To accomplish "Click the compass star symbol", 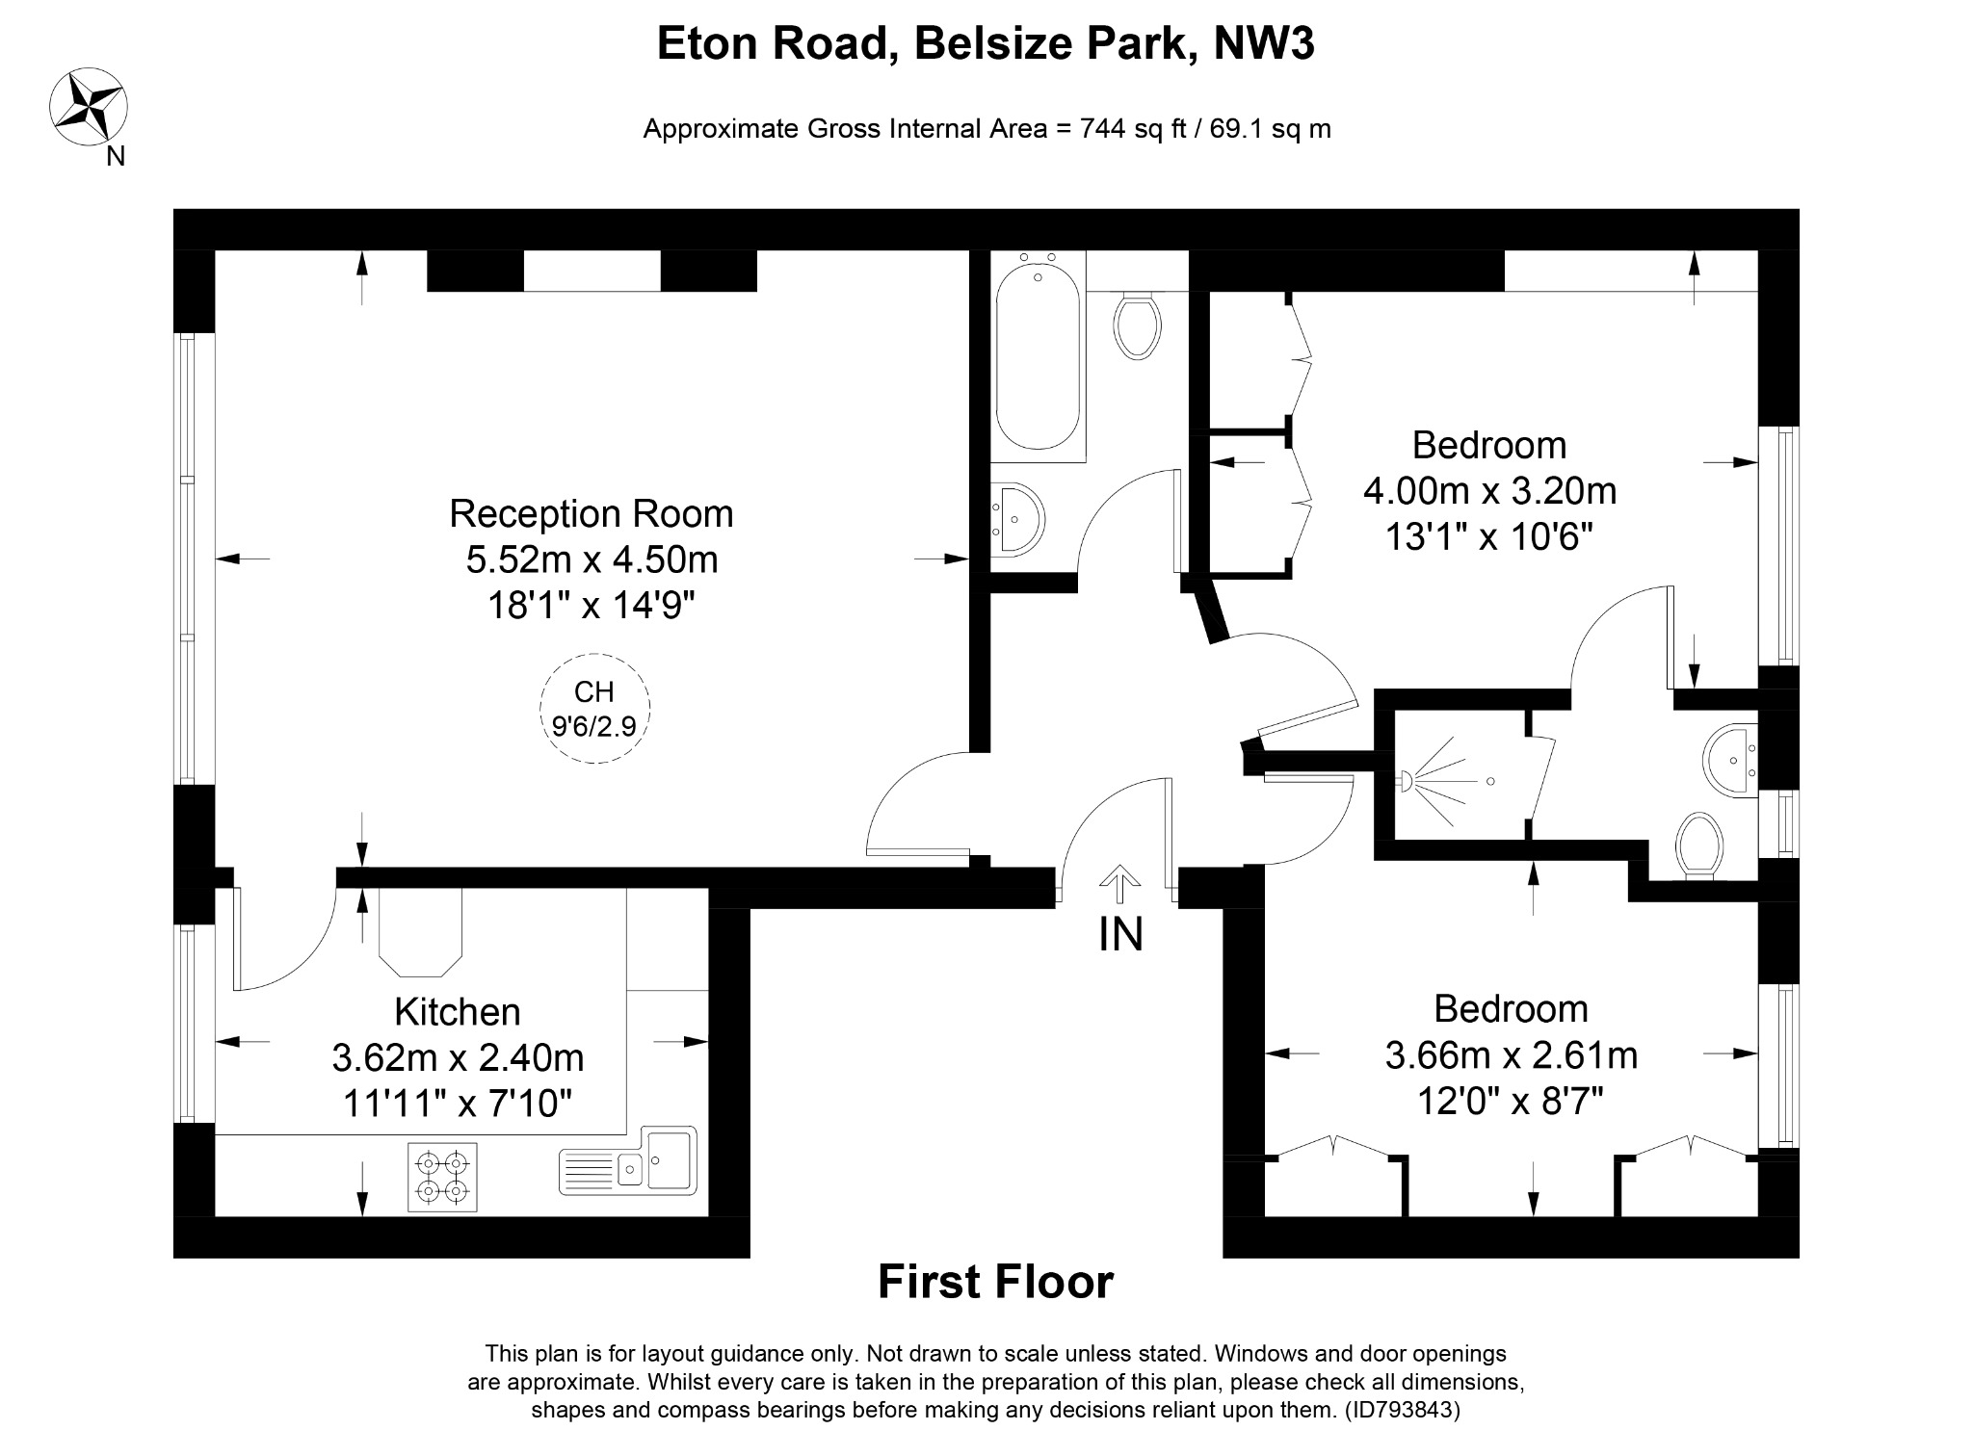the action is pyautogui.click(x=89, y=107).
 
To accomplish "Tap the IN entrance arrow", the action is pyautogui.click(x=1119, y=883).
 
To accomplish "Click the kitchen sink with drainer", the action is pyautogui.click(x=628, y=1160).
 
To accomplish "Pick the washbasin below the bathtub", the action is pyautogui.click(x=1016, y=519).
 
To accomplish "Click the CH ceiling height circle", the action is pyautogui.click(x=594, y=709).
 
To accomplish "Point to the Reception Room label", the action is pyautogui.click(x=591, y=513).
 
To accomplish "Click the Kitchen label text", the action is pyautogui.click(x=458, y=1012).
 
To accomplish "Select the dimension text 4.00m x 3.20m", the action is pyautogui.click(x=1489, y=491).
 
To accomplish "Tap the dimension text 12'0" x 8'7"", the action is pyautogui.click(x=1511, y=1100).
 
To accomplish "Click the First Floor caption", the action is pyautogui.click(x=995, y=1282).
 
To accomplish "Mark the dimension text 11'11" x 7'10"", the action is pyautogui.click(x=458, y=1103).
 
